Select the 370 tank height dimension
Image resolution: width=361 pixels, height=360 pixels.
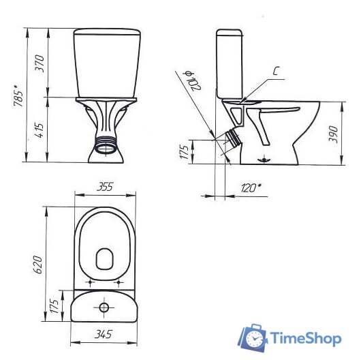click(x=40, y=63)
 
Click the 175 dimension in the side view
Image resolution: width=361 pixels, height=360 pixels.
click(x=183, y=151)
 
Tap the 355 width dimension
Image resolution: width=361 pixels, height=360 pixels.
click(x=104, y=186)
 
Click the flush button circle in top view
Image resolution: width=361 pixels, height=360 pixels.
click(x=104, y=307)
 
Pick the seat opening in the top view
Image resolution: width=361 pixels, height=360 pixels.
click(x=105, y=258)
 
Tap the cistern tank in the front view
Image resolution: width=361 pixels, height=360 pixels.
click(x=104, y=63)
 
